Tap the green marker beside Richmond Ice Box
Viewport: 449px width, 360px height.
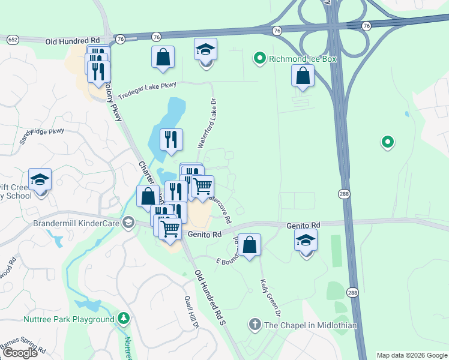click(x=260, y=59)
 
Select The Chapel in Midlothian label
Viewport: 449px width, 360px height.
click(x=310, y=325)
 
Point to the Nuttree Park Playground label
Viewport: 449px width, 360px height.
click(x=68, y=319)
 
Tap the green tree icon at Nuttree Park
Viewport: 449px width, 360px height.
click(x=123, y=318)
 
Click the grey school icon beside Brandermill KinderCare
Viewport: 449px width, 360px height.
click(x=128, y=223)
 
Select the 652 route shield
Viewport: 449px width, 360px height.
click(x=12, y=39)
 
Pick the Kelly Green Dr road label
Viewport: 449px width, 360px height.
click(x=270, y=298)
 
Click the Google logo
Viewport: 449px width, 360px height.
click(x=19, y=352)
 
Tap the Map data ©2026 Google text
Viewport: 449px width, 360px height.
click(x=412, y=355)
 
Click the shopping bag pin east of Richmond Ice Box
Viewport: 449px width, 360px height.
click(x=303, y=76)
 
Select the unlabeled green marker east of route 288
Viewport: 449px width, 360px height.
click(x=388, y=142)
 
